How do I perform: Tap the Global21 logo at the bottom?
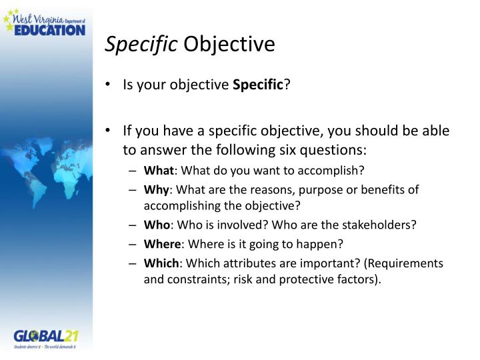pyautogui.click(x=45, y=338)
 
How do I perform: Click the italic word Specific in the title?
pyautogui.click(x=141, y=45)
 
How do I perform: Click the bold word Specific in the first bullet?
pyautogui.click(x=258, y=85)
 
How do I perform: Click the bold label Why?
pyautogui.click(x=155, y=189)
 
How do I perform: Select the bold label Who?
pyautogui.click(x=155, y=225)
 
